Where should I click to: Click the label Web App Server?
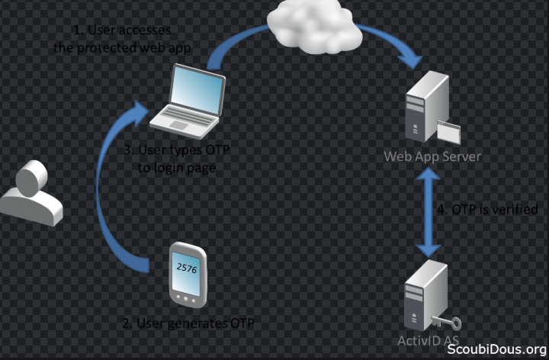click(x=432, y=156)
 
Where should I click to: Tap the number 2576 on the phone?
click(x=187, y=268)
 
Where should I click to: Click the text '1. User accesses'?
click(x=122, y=31)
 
